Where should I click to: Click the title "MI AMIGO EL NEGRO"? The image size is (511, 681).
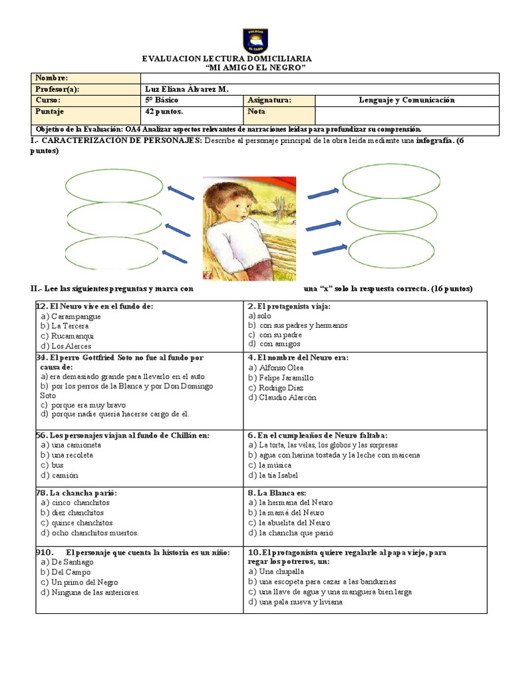pos(255,68)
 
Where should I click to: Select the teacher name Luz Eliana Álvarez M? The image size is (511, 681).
pos(186,89)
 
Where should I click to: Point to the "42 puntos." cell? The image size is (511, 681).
pos(164,112)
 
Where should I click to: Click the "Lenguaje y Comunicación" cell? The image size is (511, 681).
pos(406,100)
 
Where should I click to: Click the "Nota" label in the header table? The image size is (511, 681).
pos(256,112)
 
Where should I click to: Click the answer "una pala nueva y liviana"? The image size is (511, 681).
pos(300,602)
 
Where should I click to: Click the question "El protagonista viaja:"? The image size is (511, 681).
pos(293,307)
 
